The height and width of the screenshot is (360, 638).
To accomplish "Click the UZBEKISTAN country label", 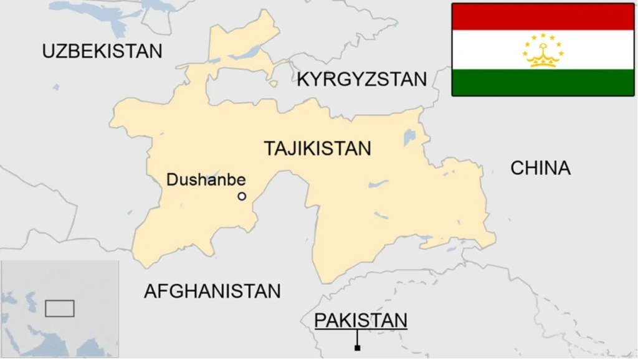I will [102, 51].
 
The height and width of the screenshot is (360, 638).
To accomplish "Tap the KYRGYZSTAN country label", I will [361, 79].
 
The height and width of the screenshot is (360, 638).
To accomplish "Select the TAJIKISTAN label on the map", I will [317, 148].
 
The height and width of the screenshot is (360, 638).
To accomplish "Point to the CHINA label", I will [540, 168].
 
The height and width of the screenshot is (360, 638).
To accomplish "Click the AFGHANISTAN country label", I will [212, 291].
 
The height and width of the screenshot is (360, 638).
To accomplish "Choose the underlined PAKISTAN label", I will [361, 320].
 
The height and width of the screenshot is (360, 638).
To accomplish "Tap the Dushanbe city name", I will [206, 181].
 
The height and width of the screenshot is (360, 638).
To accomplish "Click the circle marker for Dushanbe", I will [242, 196].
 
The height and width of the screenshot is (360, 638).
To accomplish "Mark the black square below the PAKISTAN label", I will [357, 348].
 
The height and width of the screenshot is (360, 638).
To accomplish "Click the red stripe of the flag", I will [543, 17].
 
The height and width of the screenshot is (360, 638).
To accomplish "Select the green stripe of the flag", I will [543, 82].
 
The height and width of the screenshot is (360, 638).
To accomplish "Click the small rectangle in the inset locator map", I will [60, 308].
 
